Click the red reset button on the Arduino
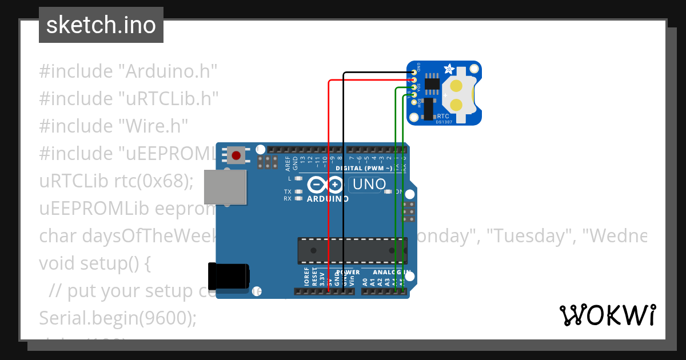point(236,154)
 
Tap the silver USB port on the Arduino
point(225,187)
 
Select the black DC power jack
point(228,276)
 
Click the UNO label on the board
point(369,185)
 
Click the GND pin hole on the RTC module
point(413,72)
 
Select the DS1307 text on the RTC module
point(444,121)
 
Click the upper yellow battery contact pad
point(457,86)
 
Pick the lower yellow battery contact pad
point(457,105)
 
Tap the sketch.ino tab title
point(101,25)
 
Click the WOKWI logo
point(607,315)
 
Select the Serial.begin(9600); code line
point(117,318)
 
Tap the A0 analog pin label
point(365,281)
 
